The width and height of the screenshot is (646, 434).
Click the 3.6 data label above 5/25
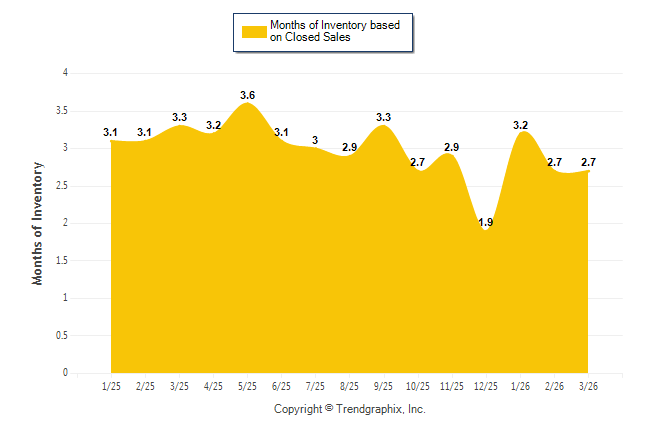[248, 95]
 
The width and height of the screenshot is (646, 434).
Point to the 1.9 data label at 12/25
[486, 222]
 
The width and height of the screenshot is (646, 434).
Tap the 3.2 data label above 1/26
[520, 125]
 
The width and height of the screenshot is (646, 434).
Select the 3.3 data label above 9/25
[383, 117]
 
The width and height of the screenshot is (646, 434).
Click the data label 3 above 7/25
[315, 140]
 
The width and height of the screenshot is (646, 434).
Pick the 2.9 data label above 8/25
[349, 147]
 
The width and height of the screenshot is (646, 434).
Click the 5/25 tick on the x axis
[247, 385]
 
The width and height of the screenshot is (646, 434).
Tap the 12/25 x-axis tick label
[486, 385]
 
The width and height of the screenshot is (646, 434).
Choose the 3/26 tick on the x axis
[588, 385]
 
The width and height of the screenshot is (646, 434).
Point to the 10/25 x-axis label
[418, 385]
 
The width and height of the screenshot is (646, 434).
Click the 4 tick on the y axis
[65, 73]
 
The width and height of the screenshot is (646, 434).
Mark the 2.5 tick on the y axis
[62, 185]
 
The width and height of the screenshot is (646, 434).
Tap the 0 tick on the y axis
[65, 373]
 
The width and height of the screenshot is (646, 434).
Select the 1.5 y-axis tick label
[62, 260]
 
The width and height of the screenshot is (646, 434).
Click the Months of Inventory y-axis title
[38, 222]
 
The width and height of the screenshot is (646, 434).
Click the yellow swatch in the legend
[252, 32]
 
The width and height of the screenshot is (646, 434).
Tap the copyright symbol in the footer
[329, 409]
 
